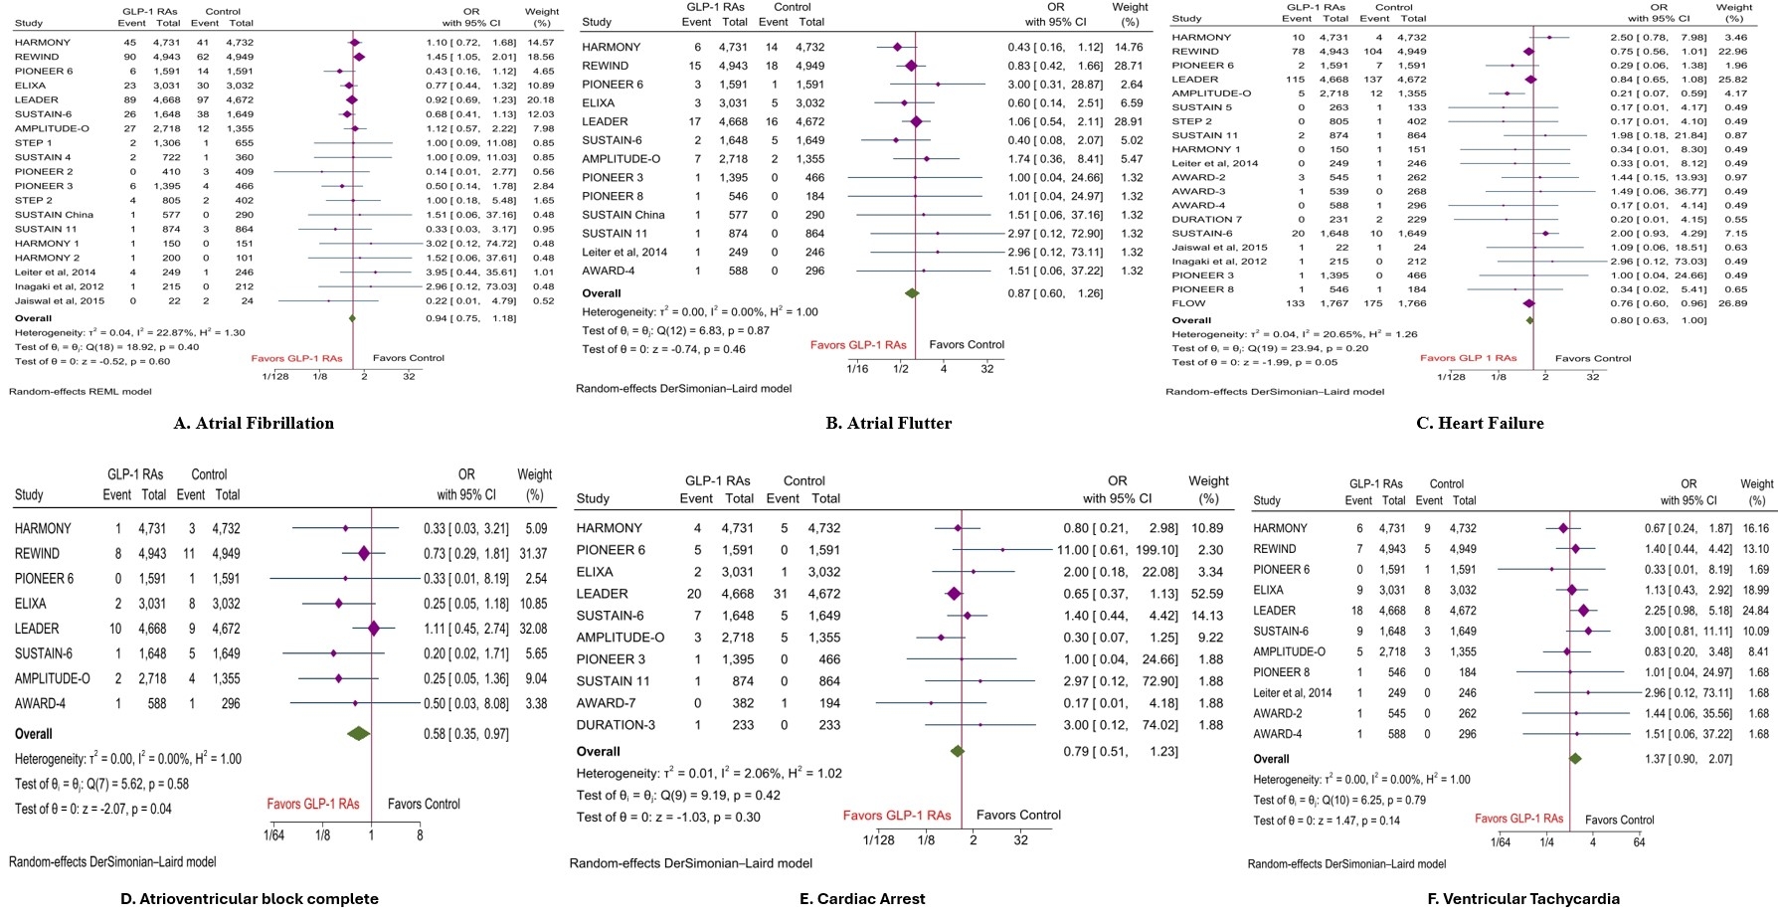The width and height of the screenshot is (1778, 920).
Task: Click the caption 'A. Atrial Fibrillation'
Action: (254, 424)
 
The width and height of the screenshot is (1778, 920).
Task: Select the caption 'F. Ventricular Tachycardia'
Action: (1510, 899)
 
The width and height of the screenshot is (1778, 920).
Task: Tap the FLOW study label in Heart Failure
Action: (1188, 303)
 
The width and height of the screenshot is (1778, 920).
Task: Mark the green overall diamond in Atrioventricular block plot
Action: (358, 733)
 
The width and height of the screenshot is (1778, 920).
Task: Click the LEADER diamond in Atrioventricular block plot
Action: (374, 629)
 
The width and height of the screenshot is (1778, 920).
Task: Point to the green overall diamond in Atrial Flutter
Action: (911, 293)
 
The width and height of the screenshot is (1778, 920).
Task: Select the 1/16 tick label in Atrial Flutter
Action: (857, 369)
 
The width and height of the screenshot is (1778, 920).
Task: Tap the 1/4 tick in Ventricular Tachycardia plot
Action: (1547, 842)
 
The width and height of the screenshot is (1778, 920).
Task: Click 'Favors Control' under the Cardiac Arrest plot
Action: (1018, 816)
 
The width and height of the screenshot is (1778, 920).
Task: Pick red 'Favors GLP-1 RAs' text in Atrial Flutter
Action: (858, 345)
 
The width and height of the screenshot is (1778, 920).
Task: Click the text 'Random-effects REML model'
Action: (81, 392)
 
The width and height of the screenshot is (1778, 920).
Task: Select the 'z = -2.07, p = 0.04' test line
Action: (93, 809)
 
